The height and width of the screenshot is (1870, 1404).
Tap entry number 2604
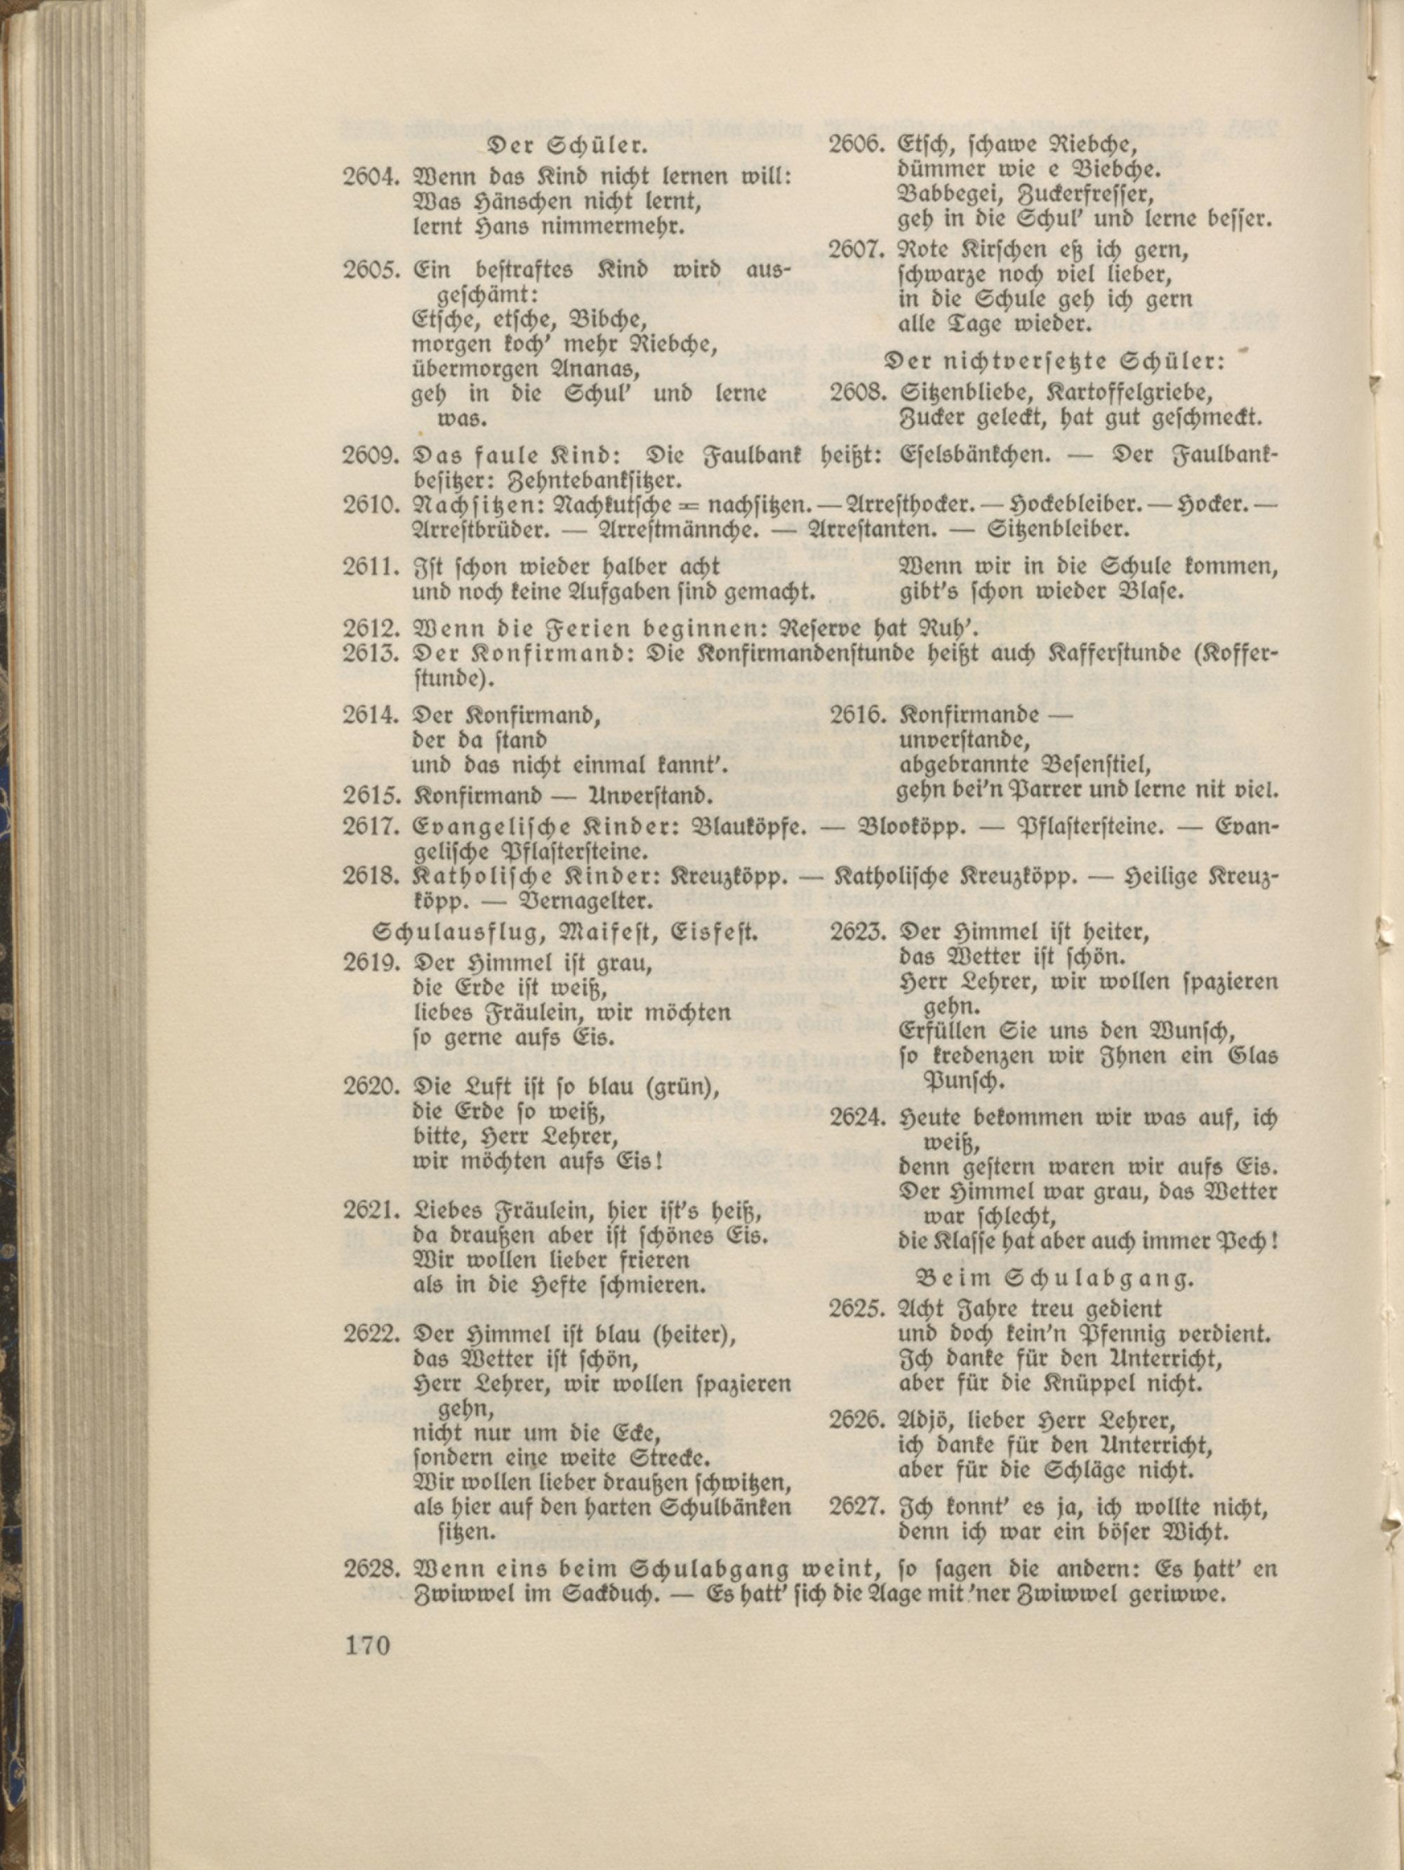369,178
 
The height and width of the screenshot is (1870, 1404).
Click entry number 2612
369,628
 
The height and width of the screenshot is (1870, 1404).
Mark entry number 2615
369,796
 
